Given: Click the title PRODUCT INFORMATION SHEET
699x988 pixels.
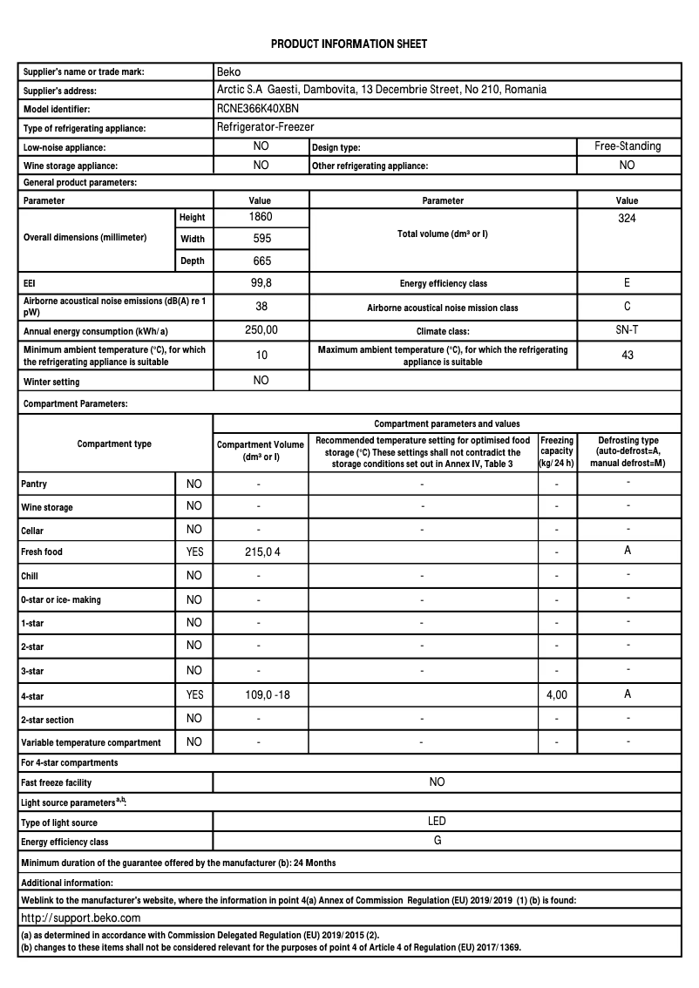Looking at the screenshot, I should click(349, 44).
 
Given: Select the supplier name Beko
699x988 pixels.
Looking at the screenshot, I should click(228, 71).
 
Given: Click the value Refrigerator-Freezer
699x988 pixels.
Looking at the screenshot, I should click(265, 127).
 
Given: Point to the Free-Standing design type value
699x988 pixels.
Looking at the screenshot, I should click(628, 146).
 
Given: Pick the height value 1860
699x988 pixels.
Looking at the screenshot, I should click(261, 216).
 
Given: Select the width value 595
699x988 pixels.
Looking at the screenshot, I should click(261, 238).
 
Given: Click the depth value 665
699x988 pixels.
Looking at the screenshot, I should click(261, 261).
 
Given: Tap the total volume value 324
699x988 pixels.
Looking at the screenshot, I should click(627, 218).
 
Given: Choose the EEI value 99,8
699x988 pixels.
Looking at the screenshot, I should click(261, 283).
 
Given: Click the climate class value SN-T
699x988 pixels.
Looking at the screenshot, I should click(627, 329).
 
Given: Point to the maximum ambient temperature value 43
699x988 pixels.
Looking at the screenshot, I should click(627, 355).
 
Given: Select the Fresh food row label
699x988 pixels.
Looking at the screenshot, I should click(42, 552).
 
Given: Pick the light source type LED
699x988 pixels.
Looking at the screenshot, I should click(437, 821).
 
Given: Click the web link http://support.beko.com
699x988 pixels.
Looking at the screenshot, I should click(80, 917).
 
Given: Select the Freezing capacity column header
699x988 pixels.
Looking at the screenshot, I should click(556, 452).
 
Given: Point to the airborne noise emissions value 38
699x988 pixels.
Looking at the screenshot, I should click(261, 307).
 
